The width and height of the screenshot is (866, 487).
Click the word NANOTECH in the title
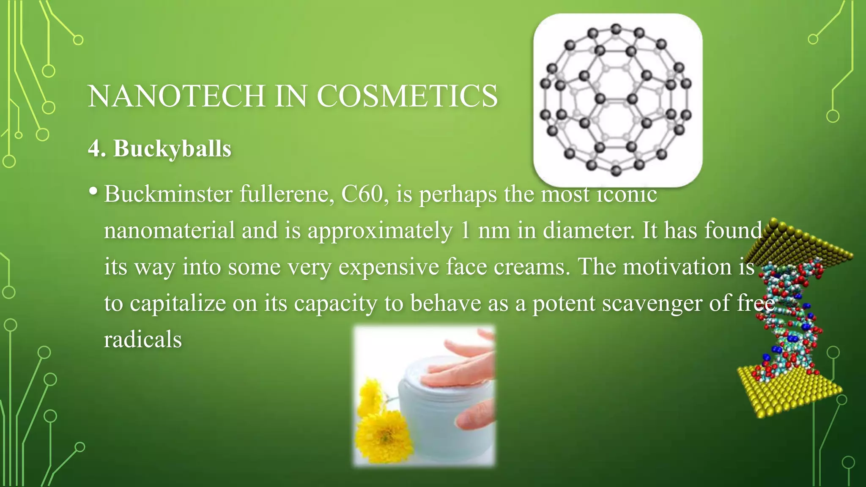[177, 96]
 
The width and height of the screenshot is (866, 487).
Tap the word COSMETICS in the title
[407, 96]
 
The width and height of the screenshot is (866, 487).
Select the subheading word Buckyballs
[172, 149]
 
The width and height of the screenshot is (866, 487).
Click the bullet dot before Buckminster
[93, 191]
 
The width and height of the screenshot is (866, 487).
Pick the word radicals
[143, 340]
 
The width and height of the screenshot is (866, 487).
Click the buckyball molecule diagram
[617, 100]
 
